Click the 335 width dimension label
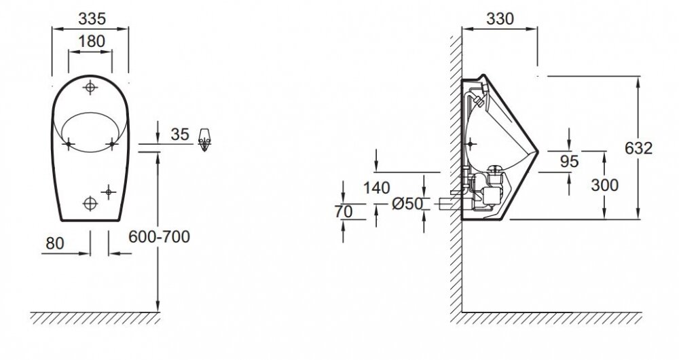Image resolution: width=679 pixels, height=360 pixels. (x=91, y=16)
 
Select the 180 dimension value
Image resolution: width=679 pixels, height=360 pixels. (x=91, y=41)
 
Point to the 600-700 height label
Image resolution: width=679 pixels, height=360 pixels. (x=159, y=236)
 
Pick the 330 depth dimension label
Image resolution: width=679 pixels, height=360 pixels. (x=499, y=20)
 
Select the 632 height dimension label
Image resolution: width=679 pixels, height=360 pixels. (x=639, y=147)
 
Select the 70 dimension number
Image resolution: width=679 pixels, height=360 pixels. (x=344, y=211)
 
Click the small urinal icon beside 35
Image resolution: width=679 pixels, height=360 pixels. (x=206, y=139)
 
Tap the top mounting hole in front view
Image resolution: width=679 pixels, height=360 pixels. (x=91, y=87)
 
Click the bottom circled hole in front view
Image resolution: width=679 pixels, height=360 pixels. (x=89, y=202)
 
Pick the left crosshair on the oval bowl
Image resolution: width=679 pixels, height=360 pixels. (x=69, y=143)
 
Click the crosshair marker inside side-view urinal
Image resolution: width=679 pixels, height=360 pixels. (x=471, y=143)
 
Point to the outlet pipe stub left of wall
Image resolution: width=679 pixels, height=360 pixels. (x=448, y=202)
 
